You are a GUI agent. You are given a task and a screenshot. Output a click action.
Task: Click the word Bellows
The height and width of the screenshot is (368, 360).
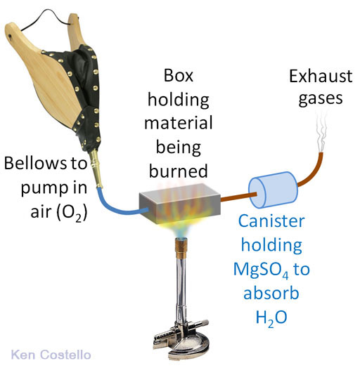tap(35, 163)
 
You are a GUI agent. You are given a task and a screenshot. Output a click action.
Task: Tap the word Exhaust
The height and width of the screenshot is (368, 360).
tap(321, 77)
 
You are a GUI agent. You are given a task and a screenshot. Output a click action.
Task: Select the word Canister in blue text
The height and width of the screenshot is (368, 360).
tap(271, 221)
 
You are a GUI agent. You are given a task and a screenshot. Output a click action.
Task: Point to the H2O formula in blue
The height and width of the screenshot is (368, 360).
tap(271, 318)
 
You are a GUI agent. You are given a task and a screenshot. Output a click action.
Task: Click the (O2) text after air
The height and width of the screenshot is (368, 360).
tap(72, 212)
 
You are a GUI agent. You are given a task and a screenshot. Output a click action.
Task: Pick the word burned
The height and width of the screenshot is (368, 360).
tap(179, 171)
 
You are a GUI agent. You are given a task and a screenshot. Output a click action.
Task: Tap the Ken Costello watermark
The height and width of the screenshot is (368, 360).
tap(51, 355)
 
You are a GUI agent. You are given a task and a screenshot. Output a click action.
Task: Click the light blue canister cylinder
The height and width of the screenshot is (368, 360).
tap(274, 190)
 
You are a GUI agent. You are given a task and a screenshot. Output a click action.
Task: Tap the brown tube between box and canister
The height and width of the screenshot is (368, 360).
tap(238, 197)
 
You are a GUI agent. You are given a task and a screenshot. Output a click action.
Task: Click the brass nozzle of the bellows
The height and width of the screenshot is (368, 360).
tap(96, 169)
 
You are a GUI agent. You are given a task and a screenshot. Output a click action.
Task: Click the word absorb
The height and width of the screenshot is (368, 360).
tap(271, 293)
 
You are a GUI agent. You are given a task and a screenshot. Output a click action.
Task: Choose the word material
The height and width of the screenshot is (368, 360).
tap(179, 122)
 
